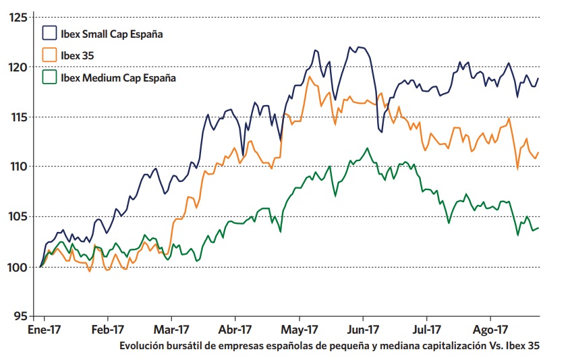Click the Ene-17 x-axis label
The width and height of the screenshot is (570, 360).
[x=44, y=330]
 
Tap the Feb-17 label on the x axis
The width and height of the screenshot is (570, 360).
[x=108, y=330]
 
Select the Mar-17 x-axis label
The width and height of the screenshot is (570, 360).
[x=172, y=330]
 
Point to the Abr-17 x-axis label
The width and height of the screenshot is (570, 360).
[x=235, y=330]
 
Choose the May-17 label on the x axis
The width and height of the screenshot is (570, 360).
[x=300, y=330]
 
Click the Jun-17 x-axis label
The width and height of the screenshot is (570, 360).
[x=364, y=330]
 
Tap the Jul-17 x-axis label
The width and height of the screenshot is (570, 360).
[x=426, y=330]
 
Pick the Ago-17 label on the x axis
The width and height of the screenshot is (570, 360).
[x=490, y=330]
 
